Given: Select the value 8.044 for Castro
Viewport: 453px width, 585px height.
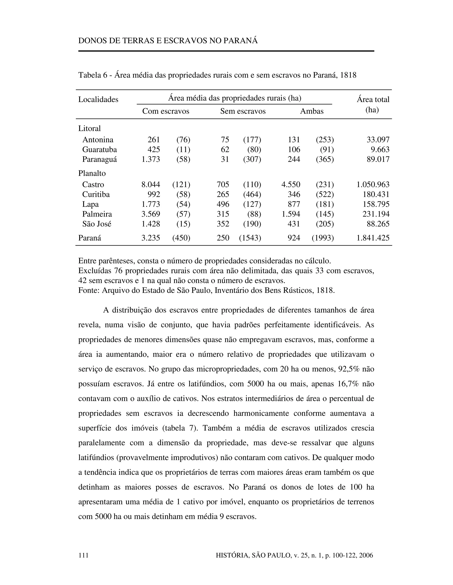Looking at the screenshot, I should point(151,185).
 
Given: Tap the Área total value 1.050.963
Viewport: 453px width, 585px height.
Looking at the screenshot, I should point(373,185).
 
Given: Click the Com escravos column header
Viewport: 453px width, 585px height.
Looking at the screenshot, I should point(166,111).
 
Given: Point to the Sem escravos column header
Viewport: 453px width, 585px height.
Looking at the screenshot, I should point(243,111).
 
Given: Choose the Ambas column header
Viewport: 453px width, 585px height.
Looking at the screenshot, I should point(312,111).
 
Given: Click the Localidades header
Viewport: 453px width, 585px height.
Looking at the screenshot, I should point(98,99).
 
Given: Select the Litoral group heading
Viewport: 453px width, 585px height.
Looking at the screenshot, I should point(89,128).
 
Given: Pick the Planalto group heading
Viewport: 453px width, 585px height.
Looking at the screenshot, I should point(92,173).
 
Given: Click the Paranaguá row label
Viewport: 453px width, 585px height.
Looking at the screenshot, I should point(100,159).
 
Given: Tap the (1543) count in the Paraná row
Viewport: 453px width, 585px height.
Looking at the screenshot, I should point(250,238).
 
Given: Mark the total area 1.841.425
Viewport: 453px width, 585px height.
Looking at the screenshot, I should point(373,238).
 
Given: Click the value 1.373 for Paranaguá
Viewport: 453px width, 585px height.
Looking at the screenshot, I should point(151,159).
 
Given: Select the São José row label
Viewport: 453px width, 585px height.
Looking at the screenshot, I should point(97,224).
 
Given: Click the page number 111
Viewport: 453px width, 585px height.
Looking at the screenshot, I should point(83,555).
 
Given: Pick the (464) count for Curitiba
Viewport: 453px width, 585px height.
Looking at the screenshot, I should point(252,194).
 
